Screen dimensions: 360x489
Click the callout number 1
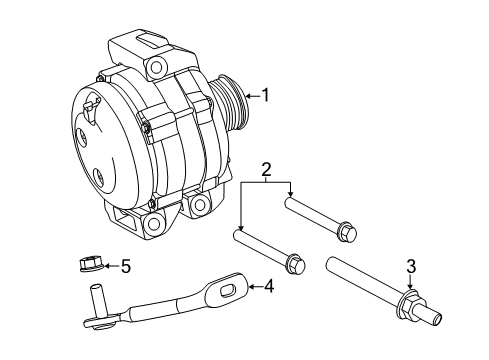(266, 96)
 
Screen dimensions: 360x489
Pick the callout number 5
(125, 266)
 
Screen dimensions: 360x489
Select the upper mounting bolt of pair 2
(320, 216)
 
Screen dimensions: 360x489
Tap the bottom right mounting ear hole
(199, 205)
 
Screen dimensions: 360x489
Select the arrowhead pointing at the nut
(107, 266)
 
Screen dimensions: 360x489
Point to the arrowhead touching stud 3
(409, 285)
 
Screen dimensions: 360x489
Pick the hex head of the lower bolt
(297, 265)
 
